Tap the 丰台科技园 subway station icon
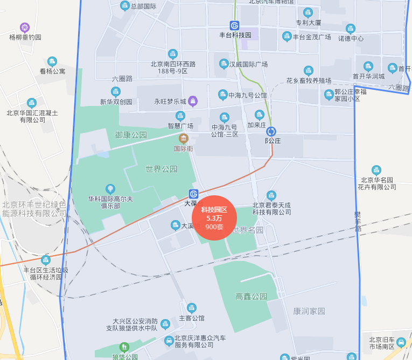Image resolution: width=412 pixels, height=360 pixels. coord(234,25)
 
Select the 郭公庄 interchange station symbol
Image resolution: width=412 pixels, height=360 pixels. coord(271,131)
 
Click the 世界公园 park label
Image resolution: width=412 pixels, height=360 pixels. coord(161,169)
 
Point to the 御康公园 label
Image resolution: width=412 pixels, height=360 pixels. coord(131,135)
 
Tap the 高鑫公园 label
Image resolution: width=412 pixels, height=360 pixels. coord(251,297)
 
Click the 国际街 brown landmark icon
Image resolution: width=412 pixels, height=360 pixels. coord(184,138)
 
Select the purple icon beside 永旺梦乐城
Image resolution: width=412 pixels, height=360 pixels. coord(193,101)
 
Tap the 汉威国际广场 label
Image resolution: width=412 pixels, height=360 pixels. coord(248,65)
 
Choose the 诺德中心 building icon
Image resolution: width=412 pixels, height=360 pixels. coord(351,29)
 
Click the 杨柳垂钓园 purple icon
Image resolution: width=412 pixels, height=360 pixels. coord(25,27)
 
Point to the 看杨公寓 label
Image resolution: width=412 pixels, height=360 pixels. coord(52,71)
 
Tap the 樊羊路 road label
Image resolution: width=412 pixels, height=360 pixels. coord(358,221)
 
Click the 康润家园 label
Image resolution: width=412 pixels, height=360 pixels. coord(309,311)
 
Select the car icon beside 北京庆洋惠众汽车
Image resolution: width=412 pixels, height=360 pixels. coord(169,340)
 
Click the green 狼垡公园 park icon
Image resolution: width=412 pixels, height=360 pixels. coord(125,347)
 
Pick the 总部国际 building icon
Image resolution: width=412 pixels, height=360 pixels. coord(124,6)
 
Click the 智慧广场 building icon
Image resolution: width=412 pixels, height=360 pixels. coord(180,116)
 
